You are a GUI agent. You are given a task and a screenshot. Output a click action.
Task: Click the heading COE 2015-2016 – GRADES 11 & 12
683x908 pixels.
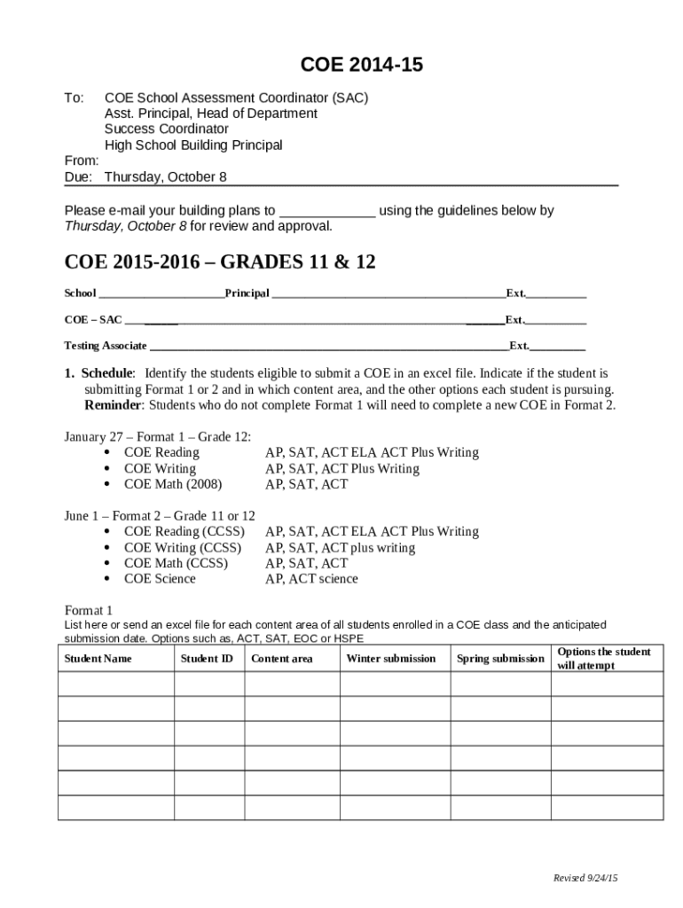(220, 262)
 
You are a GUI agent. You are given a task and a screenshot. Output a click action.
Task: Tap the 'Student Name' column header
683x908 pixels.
(98, 659)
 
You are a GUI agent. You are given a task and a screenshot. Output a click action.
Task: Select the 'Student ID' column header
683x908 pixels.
(207, 659)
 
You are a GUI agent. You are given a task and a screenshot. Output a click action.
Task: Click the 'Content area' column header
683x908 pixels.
(281, 659)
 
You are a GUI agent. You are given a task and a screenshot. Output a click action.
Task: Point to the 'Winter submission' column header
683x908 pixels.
(390, 659)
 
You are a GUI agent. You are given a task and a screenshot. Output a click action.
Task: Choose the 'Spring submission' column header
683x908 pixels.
(500, 659)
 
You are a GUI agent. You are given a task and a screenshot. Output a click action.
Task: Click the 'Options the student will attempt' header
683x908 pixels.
(603, 659)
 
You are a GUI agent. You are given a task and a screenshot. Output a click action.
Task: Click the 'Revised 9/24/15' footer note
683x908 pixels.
(585, 878)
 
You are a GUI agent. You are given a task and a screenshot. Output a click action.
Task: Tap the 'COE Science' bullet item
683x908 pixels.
(160, 579)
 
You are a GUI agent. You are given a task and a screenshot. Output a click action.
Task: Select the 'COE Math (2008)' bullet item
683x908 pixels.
(173, 484)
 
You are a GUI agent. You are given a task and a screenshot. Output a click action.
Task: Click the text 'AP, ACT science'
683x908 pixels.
(311, 579)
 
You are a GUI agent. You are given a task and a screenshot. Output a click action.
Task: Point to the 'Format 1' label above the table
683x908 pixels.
(89, 610)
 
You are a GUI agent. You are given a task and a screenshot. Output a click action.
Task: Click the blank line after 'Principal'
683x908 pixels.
(388, 294)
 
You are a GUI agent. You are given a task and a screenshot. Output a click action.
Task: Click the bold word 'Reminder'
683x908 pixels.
(113, 405)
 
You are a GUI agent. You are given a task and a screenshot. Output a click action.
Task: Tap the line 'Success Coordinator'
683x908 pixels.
(167, 129)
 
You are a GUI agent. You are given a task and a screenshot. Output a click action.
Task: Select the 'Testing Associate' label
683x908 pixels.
(106, 346)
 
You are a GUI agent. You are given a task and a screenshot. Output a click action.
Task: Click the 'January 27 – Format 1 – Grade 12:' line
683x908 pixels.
(158, 436)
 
